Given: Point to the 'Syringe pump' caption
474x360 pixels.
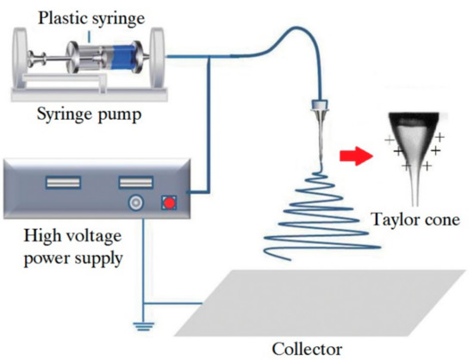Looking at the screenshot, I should point(84,115).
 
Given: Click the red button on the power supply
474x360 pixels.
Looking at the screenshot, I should point(169,203).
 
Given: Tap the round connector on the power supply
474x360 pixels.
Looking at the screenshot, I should point(135,203).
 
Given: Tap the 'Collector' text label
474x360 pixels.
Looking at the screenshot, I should point(301,350).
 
